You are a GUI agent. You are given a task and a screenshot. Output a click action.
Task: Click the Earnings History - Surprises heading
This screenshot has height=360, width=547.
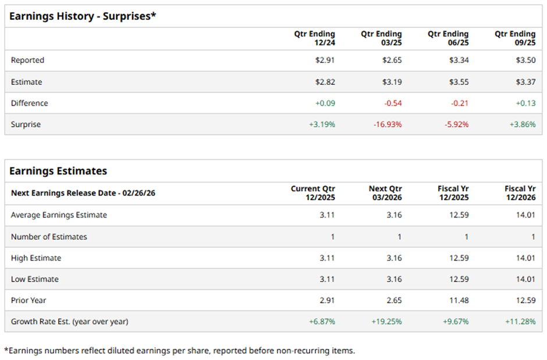click(83, 16)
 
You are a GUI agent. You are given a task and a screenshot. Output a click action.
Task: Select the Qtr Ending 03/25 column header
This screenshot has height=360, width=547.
click(381, 38)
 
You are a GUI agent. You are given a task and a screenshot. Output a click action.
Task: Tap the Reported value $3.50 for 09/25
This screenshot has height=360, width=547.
click(525, 60)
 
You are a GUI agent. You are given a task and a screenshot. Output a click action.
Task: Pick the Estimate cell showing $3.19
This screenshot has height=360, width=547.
click(392, 82)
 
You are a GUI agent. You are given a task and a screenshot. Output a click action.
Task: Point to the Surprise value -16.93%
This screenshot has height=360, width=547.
click(387, 124)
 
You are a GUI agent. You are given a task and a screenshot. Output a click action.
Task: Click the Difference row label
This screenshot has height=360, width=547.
click(29, 103)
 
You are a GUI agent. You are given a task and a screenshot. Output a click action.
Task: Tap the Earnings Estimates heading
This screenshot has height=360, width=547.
click(58, 171)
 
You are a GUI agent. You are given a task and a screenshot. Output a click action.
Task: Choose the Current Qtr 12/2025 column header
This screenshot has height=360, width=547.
click(313, 193)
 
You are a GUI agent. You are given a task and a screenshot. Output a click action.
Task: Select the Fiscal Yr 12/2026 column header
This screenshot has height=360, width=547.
click(520, 193)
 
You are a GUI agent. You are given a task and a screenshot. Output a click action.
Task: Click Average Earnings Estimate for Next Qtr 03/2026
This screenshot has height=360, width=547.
click(394, 215)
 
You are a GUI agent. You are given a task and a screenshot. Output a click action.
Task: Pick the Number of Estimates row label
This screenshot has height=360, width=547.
click(49, 237)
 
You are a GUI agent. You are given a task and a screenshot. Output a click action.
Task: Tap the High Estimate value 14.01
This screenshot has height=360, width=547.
click(526, 258)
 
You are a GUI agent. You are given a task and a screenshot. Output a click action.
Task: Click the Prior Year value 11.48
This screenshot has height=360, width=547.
click(459, 300)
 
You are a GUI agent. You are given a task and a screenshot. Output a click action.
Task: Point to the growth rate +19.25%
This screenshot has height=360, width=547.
click(386, 322)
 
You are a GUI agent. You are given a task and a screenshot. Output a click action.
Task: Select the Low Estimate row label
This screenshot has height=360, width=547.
click(34, 279)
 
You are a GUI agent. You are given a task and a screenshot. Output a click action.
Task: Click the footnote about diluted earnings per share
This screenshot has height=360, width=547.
click(179, 350)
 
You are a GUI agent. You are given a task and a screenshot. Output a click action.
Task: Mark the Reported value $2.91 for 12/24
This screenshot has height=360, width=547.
click(325, 60)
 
